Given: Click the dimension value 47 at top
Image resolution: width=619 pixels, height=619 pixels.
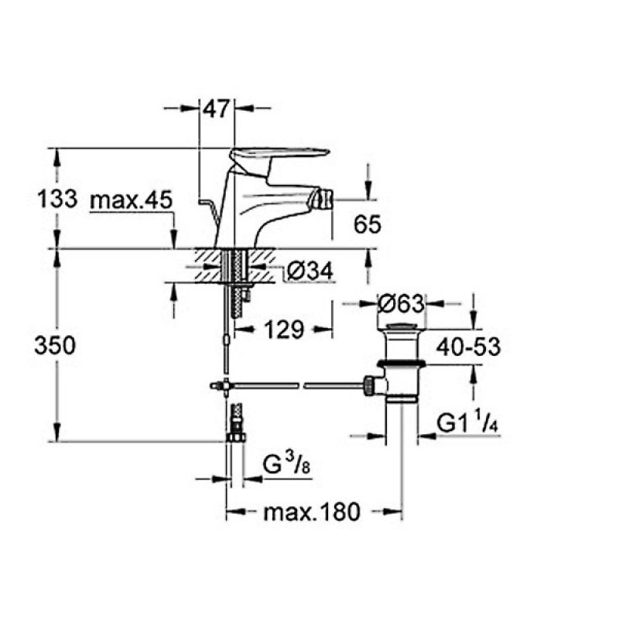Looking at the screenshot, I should [x=217, y=109].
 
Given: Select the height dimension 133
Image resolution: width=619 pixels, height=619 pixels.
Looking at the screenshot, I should [x=57, y=199].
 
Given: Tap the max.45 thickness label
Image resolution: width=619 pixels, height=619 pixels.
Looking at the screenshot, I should [x=130, y=200].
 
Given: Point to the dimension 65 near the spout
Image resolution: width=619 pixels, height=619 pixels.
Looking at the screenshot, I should [x=368, y=225].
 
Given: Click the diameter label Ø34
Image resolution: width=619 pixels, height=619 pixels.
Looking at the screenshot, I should [x=309, y=271].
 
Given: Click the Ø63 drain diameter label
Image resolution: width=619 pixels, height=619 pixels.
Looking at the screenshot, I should [x=401, y=303].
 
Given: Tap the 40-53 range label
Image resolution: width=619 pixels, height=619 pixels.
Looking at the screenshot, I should [x=466, y=347].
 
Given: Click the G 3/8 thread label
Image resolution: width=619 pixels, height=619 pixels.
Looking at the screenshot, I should [x=282, y=466].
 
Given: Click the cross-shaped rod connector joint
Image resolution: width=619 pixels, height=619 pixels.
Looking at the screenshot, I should [x=224, y=385].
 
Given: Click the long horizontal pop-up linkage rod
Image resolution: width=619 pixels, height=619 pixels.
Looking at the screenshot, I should [x=294, y=385].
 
